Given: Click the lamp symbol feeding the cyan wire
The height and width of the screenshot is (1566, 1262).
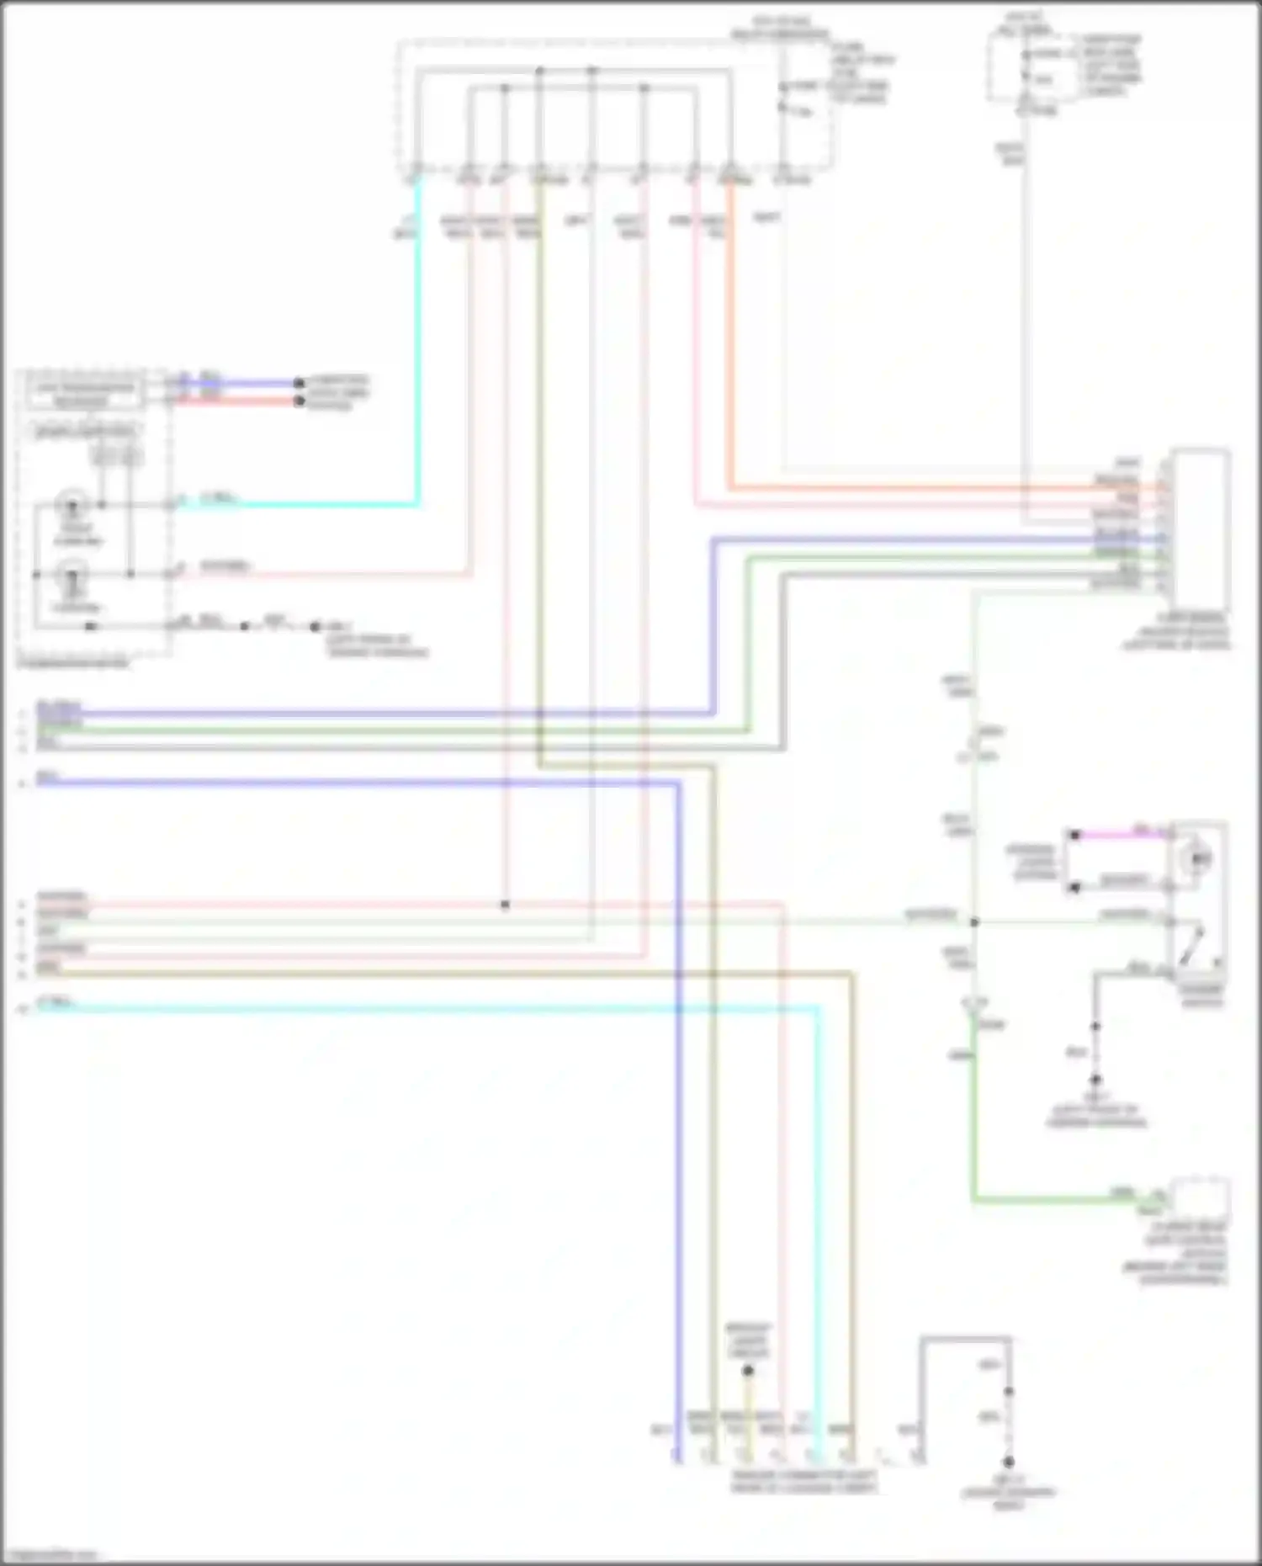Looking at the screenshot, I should pyautogui.click(x=72, y=507).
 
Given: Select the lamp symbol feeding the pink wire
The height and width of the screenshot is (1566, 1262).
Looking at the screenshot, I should pyautogui.click(x=72, y=576).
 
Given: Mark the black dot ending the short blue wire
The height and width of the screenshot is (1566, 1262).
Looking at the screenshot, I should pyautogui.click(x=299, y=383).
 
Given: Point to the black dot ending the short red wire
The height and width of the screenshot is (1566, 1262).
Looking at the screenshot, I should pyautogui.click(x=299, y=401).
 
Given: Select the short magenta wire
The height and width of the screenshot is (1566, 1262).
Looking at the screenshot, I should pyautogui.click(x=1123, y=835).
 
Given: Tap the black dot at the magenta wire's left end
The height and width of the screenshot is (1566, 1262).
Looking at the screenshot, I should pyautogui.click(x=1074, y=835).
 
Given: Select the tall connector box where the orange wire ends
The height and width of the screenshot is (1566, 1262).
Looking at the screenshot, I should pyautogui.click(x=1200, y=530).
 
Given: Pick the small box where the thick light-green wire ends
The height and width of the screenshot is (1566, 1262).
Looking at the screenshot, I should pyautogui.click(x=1201, y=1197).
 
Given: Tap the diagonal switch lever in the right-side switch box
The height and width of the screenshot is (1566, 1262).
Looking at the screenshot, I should pyautogui.click(x=1192, y=947).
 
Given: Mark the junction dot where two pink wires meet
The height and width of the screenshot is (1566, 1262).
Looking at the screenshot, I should pyautogui.click(x=505, y=905).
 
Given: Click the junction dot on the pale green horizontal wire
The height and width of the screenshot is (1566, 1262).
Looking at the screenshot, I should pyautogui.click(x=974, y=922).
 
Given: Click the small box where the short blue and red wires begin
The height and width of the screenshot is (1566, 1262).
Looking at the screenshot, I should pyautogui.click(x=84, y=393).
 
